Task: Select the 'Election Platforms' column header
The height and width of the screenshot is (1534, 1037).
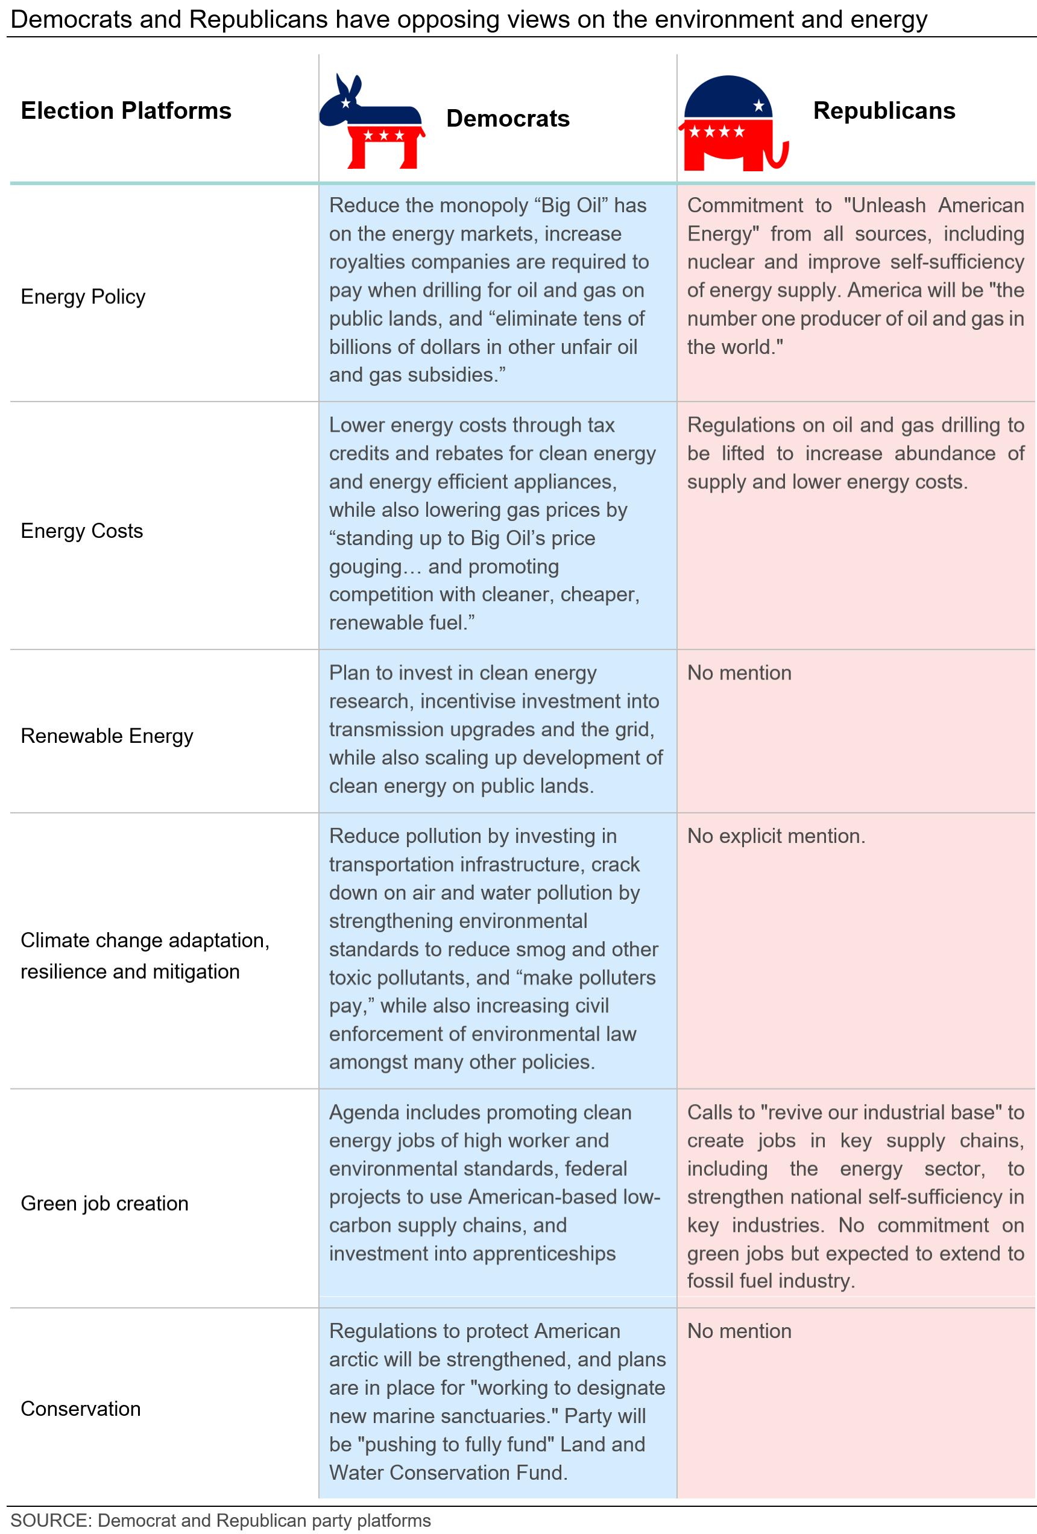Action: (x=126, y=111)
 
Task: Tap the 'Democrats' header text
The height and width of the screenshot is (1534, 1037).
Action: (x=508, y=119)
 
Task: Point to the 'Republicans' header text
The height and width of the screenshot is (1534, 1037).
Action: (x=884, y=111)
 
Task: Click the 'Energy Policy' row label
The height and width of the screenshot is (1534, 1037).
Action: (x=83, y=297)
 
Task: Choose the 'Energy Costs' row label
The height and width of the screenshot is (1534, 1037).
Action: (x=82, y=531)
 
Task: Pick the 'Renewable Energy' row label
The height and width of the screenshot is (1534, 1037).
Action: (x=107, y=736)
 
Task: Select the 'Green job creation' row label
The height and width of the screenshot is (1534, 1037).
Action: (x=104, y=1204)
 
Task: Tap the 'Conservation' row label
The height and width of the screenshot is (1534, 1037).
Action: (x=81, y=1409)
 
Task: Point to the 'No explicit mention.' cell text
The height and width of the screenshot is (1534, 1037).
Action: (x=775, y=836)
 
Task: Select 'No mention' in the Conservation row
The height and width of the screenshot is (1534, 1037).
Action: (x=739, y=1331)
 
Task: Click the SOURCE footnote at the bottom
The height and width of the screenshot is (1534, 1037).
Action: (x=221, y=1521)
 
